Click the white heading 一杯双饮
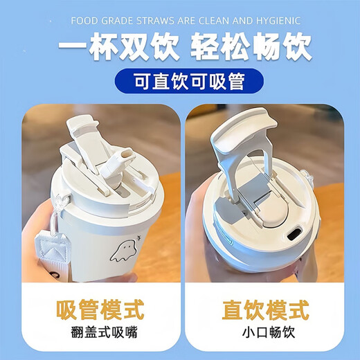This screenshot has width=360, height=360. [x=110, y=48]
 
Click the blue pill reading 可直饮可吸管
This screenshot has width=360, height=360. [x=180, y=84]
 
